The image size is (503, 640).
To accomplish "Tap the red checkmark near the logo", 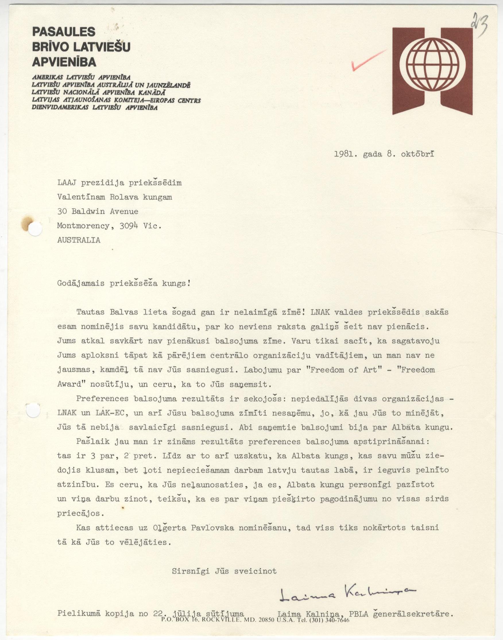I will pyautogui.click(x=368, y=60).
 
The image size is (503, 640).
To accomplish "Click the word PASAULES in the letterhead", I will pyautogui.click(x=64, y=32).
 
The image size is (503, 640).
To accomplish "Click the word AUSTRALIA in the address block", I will pyautogui.click(x=79, y=240).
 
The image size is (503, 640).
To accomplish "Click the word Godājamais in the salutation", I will pyautogui.click(x=79, y=284).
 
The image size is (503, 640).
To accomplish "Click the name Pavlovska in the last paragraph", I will pyautogui.click(x=213, y=528).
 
